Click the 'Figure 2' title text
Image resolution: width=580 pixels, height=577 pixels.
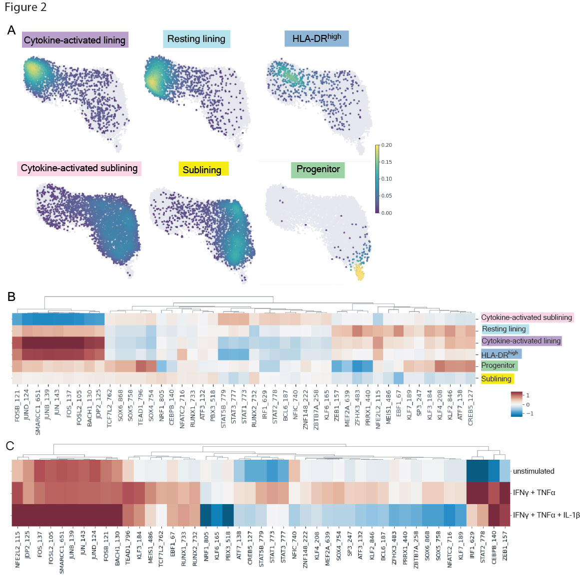pos(25,7)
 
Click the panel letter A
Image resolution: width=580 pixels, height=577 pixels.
pos(11,30)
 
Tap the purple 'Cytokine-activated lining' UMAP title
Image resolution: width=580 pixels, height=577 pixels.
pos(75,40)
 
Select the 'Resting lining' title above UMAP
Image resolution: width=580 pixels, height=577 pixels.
pos(196,39)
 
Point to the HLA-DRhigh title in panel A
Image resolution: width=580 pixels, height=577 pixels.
pos(317,38)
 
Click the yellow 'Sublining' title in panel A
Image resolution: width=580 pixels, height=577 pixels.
pos(202,170)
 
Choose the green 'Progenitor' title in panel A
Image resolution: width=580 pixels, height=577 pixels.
pos(318,169)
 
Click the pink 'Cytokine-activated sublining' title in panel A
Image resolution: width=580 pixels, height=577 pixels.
pos(79,168)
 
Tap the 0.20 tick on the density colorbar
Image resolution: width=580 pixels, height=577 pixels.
pos(386,145)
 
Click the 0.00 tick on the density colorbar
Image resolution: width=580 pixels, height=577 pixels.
pos(386,213)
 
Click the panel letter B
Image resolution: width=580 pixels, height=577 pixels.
pos(11,296)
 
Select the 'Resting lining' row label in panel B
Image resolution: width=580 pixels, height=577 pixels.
pos(504,329)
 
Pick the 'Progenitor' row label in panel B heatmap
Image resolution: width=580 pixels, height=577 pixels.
pos(498,366)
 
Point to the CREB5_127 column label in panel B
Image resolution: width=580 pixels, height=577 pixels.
pos(470,407)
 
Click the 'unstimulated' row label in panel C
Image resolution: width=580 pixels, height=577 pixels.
pos(534,471)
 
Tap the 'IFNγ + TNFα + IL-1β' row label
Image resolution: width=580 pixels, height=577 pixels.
pos(546,515)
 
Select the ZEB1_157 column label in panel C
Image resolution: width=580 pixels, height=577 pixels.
pos(505,546)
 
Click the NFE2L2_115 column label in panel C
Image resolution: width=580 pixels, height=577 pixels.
pos(17,550)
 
